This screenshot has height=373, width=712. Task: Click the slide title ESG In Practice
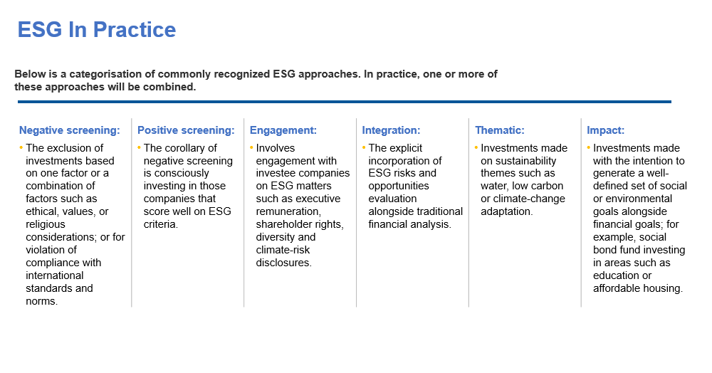point(96,30)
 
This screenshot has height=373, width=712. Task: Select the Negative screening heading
point(70,130)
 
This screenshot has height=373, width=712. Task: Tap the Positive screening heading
point(186,130)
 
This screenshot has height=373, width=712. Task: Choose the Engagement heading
point(283,130)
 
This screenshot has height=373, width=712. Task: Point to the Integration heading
point(391,130)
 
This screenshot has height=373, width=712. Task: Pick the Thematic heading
point(500,130)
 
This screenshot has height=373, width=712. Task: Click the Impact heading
point(605,130)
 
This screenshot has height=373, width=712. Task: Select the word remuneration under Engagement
point(287,211)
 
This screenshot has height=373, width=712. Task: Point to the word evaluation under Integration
point(392,199)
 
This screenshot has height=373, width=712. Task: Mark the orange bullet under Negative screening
point(21,147)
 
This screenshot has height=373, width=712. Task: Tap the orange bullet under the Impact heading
point(589,147)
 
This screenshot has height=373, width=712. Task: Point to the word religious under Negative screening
point(46,225)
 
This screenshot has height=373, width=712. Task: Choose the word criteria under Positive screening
point(159,225)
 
